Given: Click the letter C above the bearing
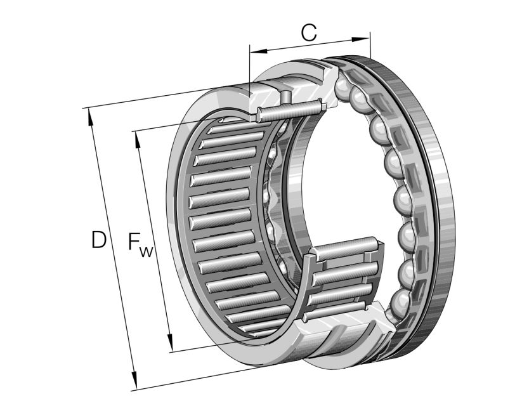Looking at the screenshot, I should click(x=309, y=32).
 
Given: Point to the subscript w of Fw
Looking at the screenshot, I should click(x=147, y=252).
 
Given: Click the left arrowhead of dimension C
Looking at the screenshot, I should click(x=254, y=51).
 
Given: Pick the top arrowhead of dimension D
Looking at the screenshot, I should click(x=89, y=114).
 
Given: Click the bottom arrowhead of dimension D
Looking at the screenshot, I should click(x=134, y=384).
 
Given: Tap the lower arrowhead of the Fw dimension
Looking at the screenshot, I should click(x=170, y=346).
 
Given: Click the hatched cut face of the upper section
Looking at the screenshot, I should click(x=266, y=98).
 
